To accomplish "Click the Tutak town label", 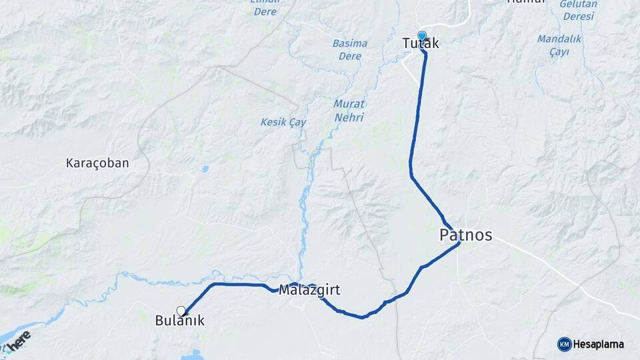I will pyautogui.click(x=421, y=44).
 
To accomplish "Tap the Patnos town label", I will pyautogui.click(x=466, y=235).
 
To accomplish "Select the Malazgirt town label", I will pyautogui.click(x=309, y=290).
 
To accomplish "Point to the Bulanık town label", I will pyautogui.click(x=179, y=321).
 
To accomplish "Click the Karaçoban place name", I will pyautogui.click(x=97, y=163).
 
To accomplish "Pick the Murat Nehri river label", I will pyautogui.click(x=349, y=111).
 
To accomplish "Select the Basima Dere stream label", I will pyautogui.click(x=349, y=49).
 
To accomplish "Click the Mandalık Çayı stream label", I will pyautogui.click(x=559, y=45).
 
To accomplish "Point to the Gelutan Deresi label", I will pyautogui.click(x=578, y=9).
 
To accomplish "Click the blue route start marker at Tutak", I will pyautogui.click(x=421, y=35).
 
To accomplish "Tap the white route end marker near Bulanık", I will pyautogui.click(x=181, y=310).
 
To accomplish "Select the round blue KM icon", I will pyautogui.click(x=564, y=344).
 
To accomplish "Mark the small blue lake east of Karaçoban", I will pyautogui.click(x=205, y=169).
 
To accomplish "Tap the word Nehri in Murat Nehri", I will pyautogui.click(x=349, y=117).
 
